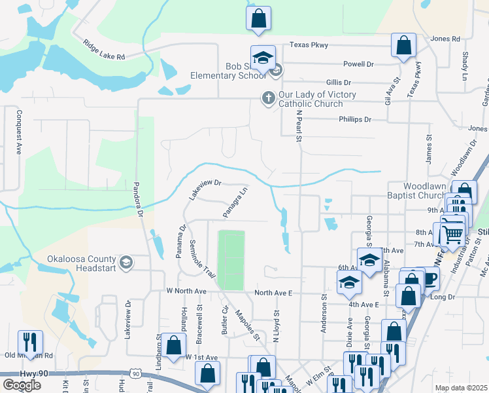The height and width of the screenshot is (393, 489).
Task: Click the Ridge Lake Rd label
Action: pos(103,50)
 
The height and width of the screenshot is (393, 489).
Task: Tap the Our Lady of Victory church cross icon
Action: pos(267,98)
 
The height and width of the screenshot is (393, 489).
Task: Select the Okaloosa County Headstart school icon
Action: pos(126,263)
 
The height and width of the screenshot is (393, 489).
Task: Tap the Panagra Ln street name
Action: pos(235,202)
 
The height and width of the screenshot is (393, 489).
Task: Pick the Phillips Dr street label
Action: pos(354,120)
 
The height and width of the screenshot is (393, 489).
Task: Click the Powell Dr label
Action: pos(358,64)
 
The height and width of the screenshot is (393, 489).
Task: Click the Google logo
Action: pos(22,385)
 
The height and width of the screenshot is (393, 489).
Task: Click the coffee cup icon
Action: pos(428,278)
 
